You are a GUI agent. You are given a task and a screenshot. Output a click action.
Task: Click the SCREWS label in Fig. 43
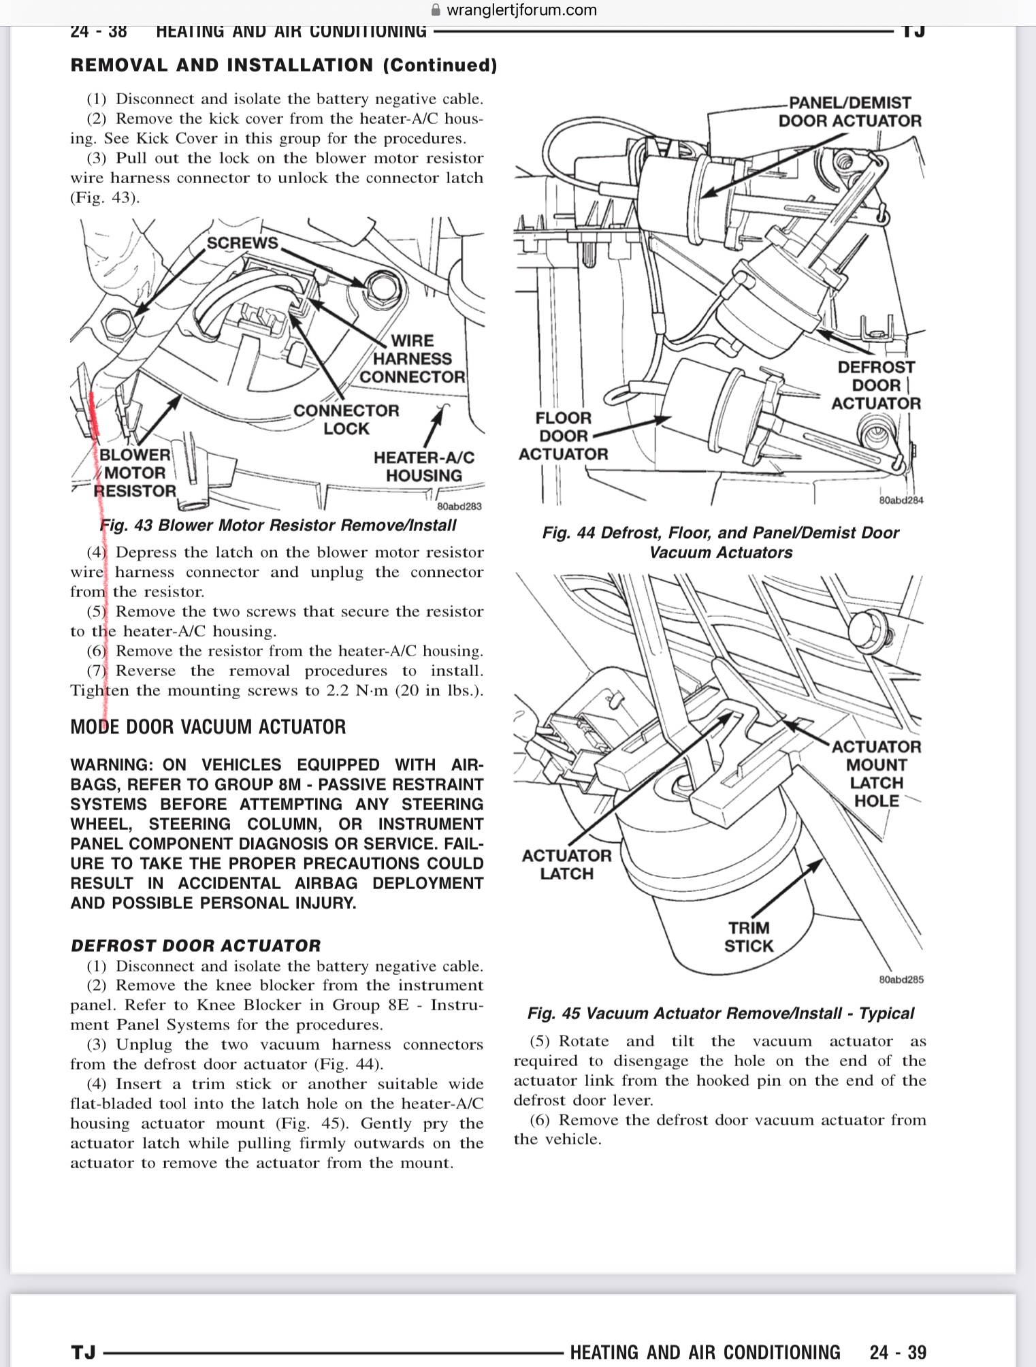pos(242,243)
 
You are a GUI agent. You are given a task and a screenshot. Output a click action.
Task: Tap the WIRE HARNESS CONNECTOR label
pos(412,359)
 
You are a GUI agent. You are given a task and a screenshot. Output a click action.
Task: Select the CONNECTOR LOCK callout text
pos(346,419)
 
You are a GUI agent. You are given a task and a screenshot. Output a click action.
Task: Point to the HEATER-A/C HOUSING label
pos(423,466)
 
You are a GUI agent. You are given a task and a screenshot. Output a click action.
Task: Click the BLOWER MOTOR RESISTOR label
pos(135,473)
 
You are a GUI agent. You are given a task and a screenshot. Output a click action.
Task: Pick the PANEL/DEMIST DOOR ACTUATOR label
pos(849,112)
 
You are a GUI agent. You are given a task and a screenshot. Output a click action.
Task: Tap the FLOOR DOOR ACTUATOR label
pos(563,436)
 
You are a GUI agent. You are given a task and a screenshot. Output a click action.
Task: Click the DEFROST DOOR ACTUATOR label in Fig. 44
pos(875,385)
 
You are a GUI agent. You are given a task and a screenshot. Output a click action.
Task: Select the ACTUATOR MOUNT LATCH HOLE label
pos(877,773)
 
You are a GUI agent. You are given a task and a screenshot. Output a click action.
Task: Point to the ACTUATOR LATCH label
pos(566,865)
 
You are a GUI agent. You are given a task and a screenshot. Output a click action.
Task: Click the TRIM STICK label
pos(749,937)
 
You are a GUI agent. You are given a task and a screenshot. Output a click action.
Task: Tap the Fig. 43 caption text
pos(278,526)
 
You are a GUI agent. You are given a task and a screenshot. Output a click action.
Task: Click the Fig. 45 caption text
pos(720,1013)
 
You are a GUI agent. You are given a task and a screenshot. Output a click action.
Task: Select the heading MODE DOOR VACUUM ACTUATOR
pos(208,727)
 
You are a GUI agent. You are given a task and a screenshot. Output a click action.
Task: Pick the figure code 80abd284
pos(901,500)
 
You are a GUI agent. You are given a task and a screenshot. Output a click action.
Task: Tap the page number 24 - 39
pos(897,1352)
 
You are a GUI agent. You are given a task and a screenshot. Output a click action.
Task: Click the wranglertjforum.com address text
pos(521,10)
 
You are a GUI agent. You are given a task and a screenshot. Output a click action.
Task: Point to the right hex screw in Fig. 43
pos(376,286)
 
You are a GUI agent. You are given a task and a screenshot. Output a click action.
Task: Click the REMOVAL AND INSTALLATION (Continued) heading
pos(284,65)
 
